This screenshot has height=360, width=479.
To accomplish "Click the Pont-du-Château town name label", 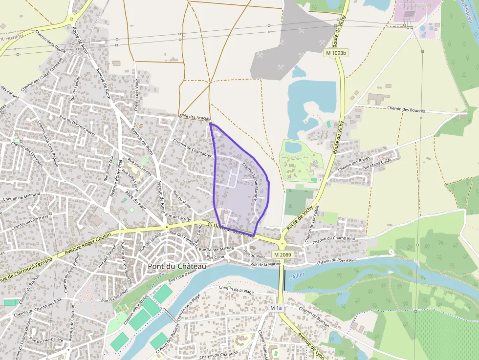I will pyautogui.click(x=177, y=266).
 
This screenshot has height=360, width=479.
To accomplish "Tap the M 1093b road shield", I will pyautogui.click(x=336, y=52).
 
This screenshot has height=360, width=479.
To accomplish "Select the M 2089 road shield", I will pyautogui.click(x=283, y=254).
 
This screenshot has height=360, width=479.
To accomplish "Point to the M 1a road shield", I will pyautogui.click(x=276, y=308).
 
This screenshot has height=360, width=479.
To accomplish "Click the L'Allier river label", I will pyautogui.click(x=296, y=276).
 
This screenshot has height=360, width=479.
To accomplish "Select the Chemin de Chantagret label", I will pyautogui.click(x=192, y=148).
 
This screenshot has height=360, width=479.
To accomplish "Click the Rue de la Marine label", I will pyautogui.click(x=265, y=264).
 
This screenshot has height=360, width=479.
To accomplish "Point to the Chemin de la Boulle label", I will pyautogui.click(x=51, y=41).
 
